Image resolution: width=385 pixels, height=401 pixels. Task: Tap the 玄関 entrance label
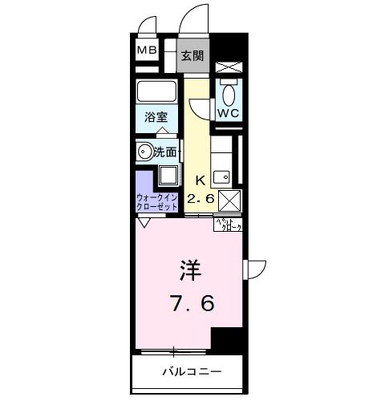pyautogui.click(x=192, y=56)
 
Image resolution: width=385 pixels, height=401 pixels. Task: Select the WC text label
pyautogui.click(x=229, y=112)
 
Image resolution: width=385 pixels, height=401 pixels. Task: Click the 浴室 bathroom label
pyautogui.click(x=156, y=117)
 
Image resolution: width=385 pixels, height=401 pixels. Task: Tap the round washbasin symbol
pyautogui.click(x=144, y=150)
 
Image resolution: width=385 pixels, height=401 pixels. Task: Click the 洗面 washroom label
pyautogui.click(x=166, y=150)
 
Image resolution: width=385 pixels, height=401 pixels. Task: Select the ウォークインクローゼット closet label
pyautogui.click(x=158, y=200)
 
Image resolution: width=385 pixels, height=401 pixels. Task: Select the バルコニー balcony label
pyautogui.click(x=192, y=371)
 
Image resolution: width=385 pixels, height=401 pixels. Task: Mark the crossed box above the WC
pyautogui.click(x=229, y=69)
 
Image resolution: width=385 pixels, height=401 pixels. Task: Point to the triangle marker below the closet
pyautogui.click(x=144, y=224)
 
